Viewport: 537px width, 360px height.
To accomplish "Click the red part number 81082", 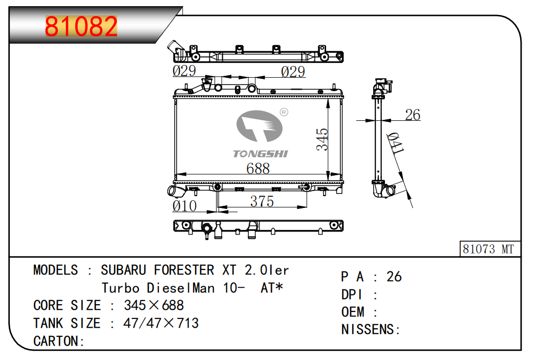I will pos(81,26).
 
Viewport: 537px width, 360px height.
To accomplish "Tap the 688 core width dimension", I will pos(257,168).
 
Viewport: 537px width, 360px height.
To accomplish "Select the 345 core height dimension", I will pos(322,139).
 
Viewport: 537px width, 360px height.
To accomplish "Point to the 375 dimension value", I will pos(262,202).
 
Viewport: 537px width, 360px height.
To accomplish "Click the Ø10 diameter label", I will pos(184,206).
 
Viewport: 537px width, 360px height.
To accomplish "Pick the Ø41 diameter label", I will pos(396,143).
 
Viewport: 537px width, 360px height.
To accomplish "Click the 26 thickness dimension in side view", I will pos(412,115).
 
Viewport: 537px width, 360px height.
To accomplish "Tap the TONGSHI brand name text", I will pos(261,154).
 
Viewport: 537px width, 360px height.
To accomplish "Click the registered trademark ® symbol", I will pos(284,112).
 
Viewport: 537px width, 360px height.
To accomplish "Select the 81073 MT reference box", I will pos(488,249).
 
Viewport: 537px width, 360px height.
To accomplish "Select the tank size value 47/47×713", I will pos(161,323).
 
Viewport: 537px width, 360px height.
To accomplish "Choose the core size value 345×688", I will pos(154,306).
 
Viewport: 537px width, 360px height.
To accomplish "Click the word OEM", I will pos(353,312).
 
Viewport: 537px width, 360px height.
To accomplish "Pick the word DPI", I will pos(352,294).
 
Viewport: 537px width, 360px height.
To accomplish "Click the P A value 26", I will pos(394,277).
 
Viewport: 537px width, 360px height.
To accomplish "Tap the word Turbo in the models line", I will pos(120,288).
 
